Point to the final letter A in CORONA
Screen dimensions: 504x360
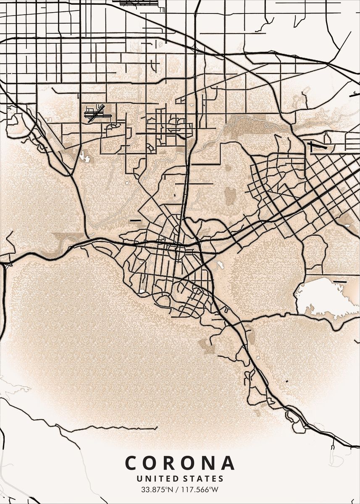[x=227, y=463]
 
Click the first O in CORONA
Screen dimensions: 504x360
[x=156, y=463]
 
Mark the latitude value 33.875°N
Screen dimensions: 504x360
[x=157, y=489]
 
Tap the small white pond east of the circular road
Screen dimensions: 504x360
[x=219, y=265]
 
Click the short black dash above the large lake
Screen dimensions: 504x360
[x=339, y=281]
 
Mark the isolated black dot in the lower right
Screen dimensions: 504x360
[x=287, y=381]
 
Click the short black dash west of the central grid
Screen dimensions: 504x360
[x=135, y=220]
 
